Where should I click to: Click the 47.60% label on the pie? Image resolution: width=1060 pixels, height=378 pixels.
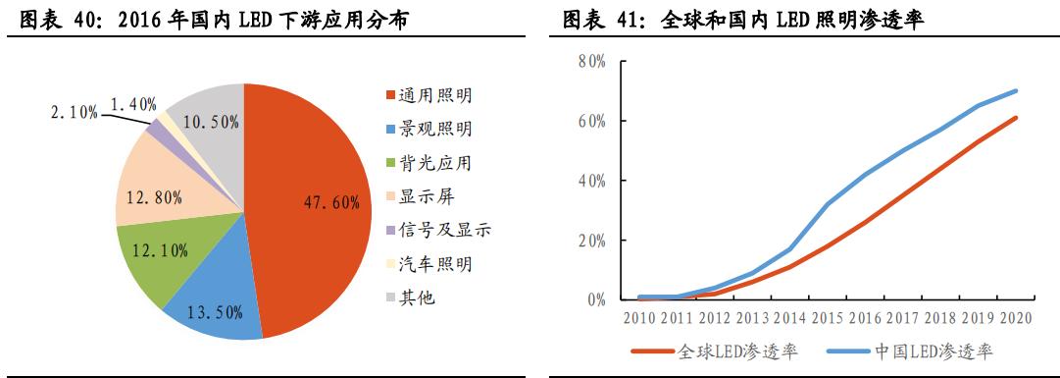point(330,203)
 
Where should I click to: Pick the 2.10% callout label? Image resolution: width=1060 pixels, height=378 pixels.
point(75,113)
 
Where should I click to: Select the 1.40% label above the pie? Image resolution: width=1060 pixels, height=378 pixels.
point(133,102)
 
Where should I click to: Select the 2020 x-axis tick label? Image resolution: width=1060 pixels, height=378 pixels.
point(1016,318)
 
